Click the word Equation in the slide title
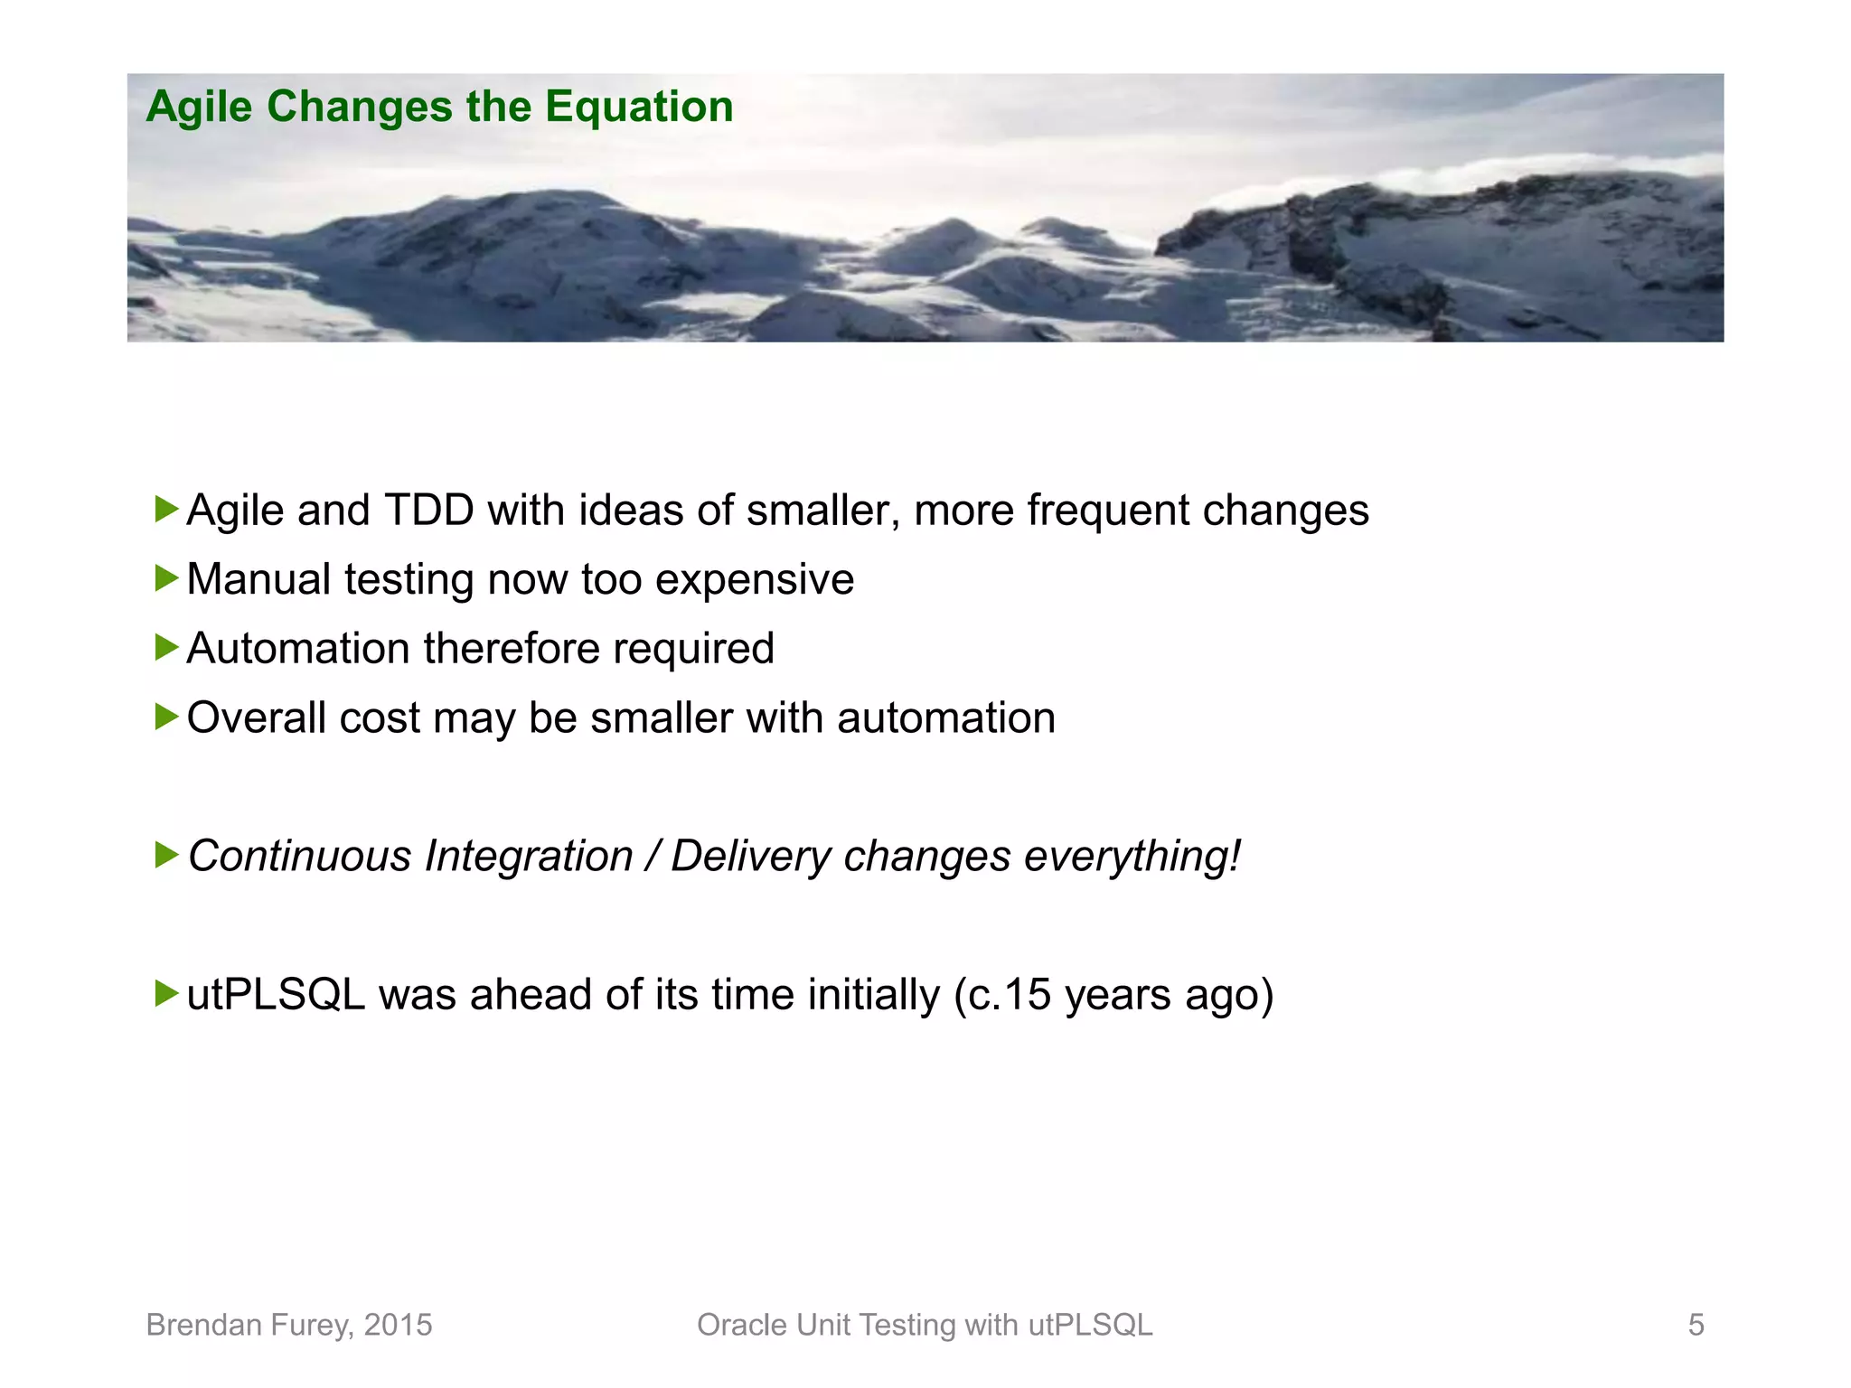point(639,108)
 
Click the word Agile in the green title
point(199,108)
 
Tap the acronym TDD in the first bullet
point(429,511)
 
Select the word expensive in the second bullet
point(754,580)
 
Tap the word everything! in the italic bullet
point(1132,857)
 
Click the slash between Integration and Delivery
point(652,857)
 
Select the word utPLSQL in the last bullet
point(276,995)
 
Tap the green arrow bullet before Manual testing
point(166,578)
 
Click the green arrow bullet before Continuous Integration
point(166,855)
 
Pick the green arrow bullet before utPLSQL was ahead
point(166,993)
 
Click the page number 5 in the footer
point(1696,1325)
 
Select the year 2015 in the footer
point(398,1325)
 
